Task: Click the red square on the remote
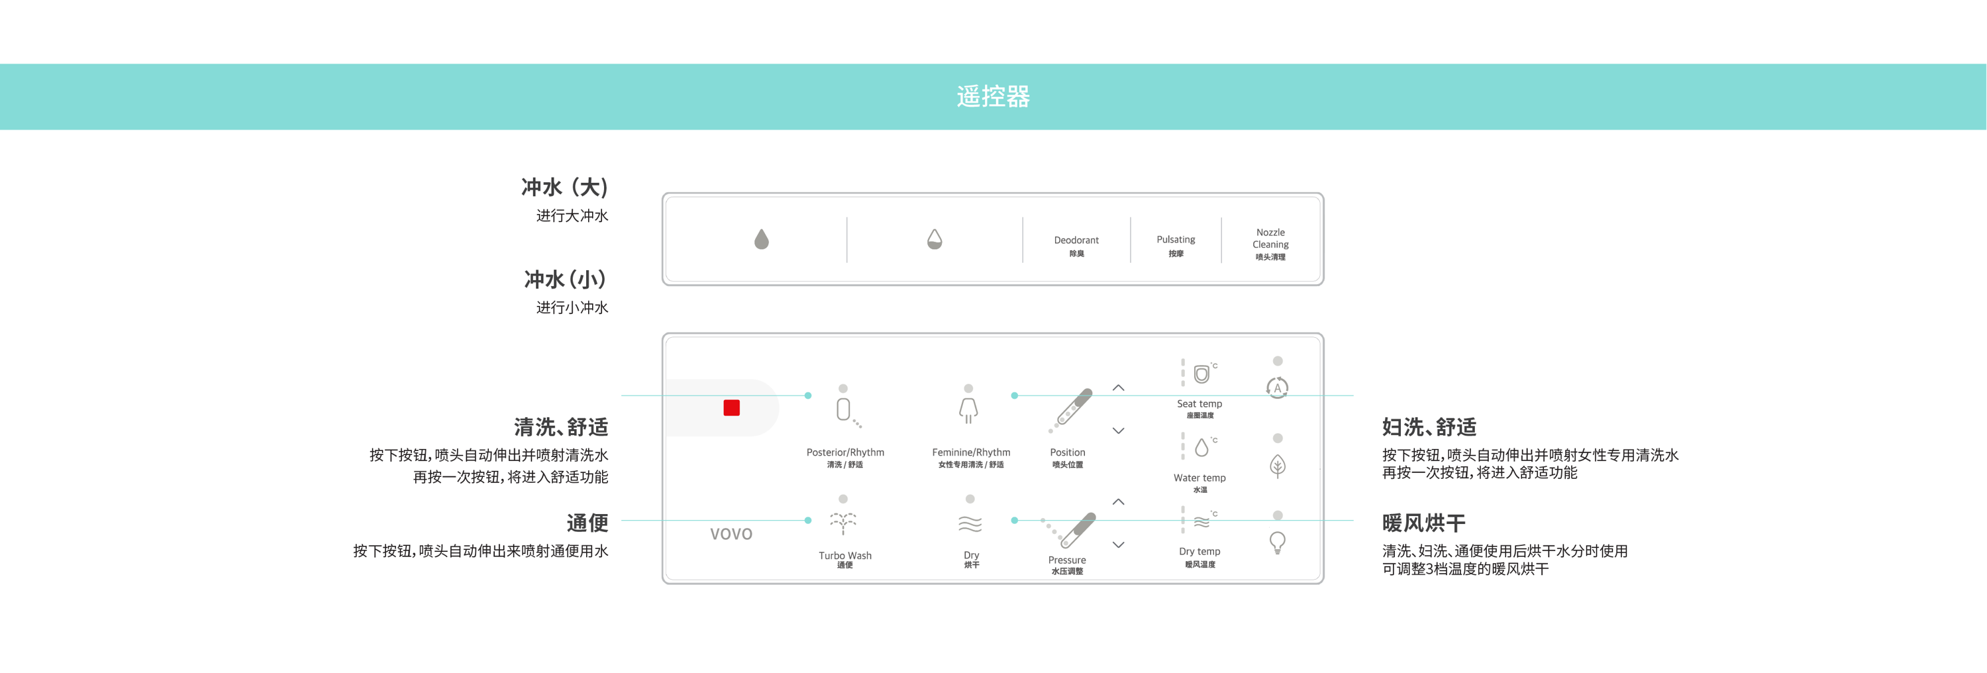(x=731, y=407)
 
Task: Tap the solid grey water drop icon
(x=761, y=239)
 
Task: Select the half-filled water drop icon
(x=934, y=239)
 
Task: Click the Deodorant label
(x=1076, y=240)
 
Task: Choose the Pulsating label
(x=1176, y=240)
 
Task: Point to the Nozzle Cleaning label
(x=1270, y=238)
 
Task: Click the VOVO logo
(x=731, y=534)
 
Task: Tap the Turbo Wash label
(x=844, y=556)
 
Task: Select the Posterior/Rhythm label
(x=844, y=452)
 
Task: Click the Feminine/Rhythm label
(x=970, y=452)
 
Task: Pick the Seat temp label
(x=1199, y=403)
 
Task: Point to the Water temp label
(x=1199, y=478)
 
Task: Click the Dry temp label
(x=1199, y=551)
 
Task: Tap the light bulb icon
(x=1278, y=543)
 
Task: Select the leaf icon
(x=1278, y=466)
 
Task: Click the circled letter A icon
(x=1278, y=388)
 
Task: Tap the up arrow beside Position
(x=1119, y=388)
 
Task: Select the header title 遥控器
(x=993, y=97)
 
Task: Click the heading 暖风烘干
(x=1423, y=523)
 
